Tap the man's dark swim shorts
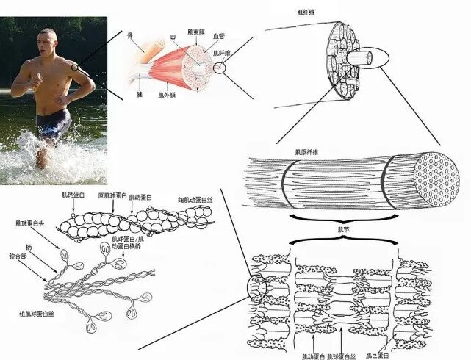click(52, 124)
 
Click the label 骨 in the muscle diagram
click(129, 35)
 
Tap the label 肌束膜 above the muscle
click(196, 32)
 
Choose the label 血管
click(219, 35)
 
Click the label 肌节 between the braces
click(341, 229)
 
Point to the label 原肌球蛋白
click(112, 196)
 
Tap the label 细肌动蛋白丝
click(193, 200)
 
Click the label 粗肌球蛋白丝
click(40, 314)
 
